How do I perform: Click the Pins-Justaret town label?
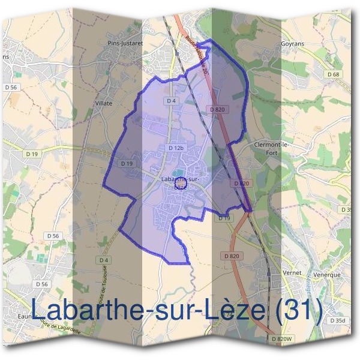pyautogui.click(x=124, y=43)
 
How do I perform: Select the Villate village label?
pyautogui.click(x=104, y=103)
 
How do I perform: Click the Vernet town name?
pyautogui.click(x=292, y=274)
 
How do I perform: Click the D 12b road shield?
pyautogui.click(x=176, y=148)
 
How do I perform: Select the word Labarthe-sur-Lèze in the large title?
pyautogui.click(x=147, y=310)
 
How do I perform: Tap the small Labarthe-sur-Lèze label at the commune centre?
pyautogui.click(x=180, y=182)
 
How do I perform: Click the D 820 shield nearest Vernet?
pyautogui.click(x=232, y=256)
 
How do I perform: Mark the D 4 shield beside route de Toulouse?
pyautogui.click(x=104, y=260)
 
